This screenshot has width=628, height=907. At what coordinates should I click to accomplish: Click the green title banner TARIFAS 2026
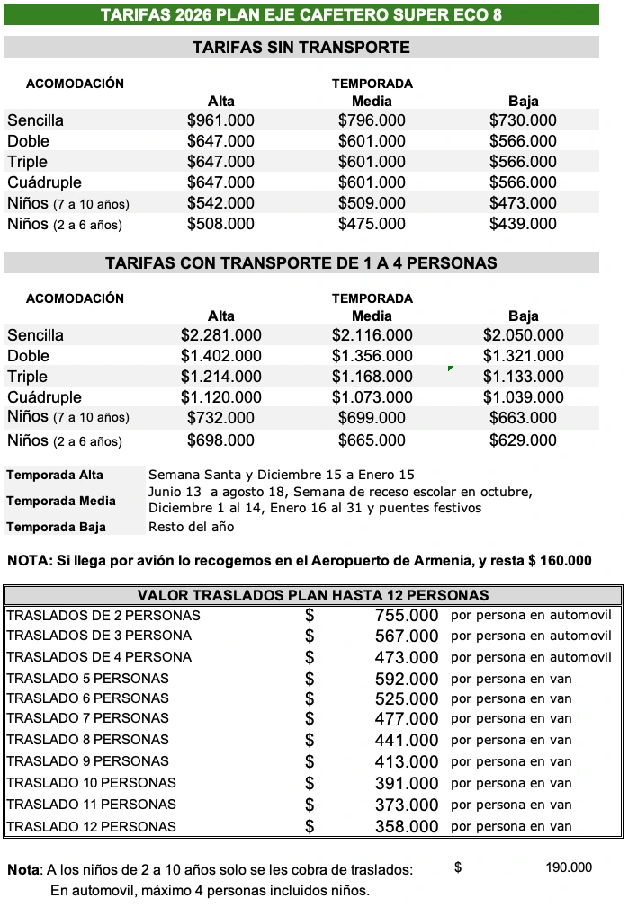tap(301, 14)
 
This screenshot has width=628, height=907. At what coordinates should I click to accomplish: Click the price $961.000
tap(220, 120)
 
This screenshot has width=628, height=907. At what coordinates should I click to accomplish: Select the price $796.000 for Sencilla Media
tap(372, 120)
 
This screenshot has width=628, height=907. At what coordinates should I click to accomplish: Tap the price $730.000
tap(523, 120)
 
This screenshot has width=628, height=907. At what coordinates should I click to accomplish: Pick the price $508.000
tap(220, 224)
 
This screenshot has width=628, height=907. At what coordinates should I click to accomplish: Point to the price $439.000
tap(523, 224)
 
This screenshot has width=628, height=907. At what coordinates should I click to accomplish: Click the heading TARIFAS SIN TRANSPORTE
tap(301, 48)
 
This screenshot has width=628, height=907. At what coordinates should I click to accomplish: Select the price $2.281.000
tap(220, 335)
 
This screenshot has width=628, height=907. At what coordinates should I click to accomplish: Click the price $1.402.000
tap(220, 356)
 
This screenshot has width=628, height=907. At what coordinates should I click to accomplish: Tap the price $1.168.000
tap(372, 377)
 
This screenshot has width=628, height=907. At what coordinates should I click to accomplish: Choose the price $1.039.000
tap(523, 397)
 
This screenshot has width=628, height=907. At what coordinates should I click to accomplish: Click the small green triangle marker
tap(450, 369)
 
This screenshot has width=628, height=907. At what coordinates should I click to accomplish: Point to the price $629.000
tap(523, 440)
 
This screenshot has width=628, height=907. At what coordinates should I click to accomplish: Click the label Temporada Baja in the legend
tap(56, 527)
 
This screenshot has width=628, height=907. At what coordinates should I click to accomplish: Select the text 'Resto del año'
tap(191, 527)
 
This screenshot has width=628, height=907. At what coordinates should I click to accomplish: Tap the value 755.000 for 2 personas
tap(407, 616)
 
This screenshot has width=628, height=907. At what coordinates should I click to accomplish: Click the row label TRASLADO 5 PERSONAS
tap(87, 679)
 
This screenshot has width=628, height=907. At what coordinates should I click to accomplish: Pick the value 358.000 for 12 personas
tap(407, 827)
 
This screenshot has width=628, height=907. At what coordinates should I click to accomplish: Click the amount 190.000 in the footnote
tap(569, 867)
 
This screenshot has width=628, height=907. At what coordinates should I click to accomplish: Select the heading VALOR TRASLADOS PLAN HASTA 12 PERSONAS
tap(313, 595)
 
